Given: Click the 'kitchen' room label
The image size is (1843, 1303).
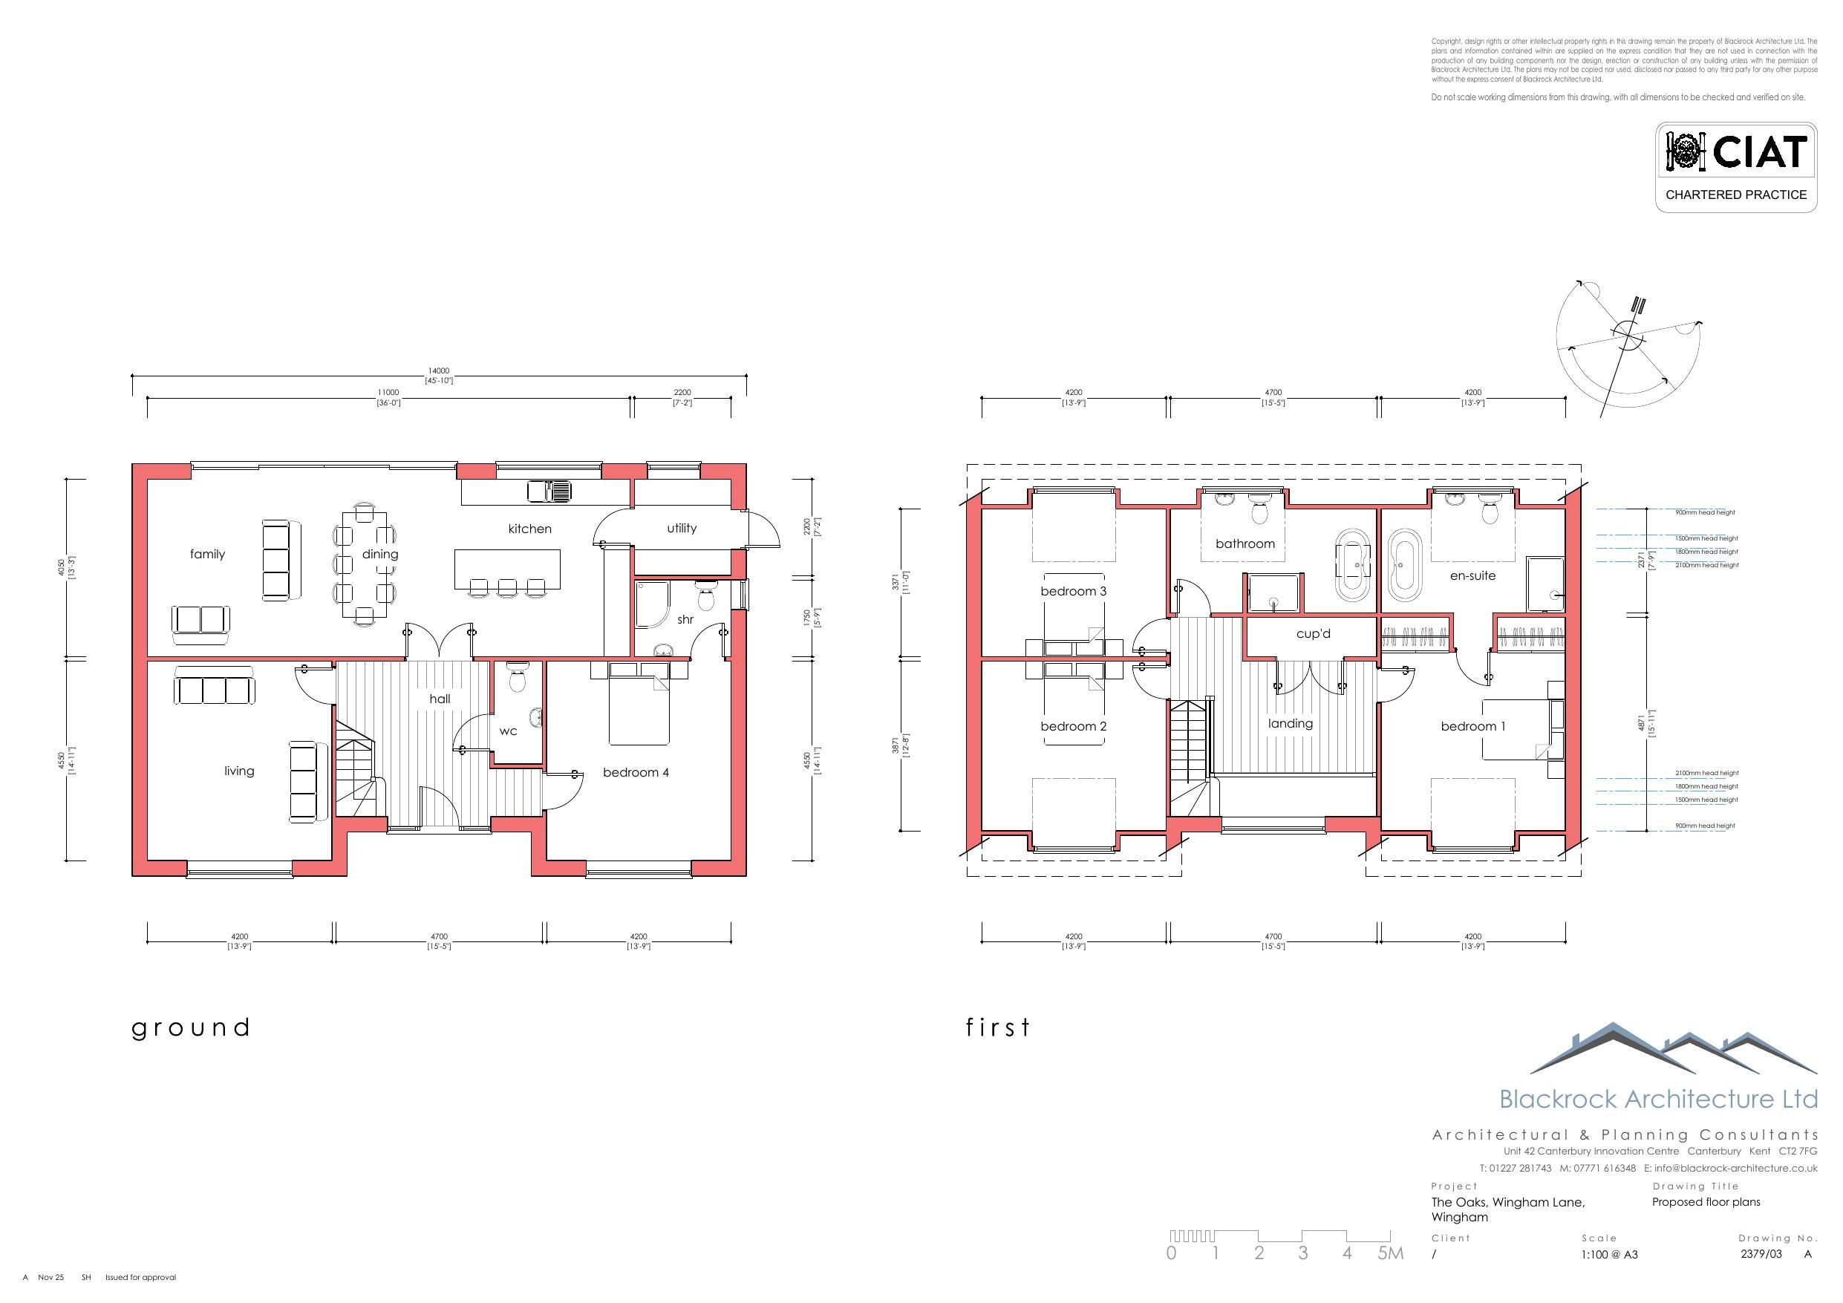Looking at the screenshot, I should (x=529, y=529).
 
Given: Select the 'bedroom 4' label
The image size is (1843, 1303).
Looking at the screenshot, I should (x=636, y=772).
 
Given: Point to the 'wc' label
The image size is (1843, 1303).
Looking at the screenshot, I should (x=508, y=731).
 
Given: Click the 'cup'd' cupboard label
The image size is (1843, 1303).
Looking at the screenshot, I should (x=1314, y=633).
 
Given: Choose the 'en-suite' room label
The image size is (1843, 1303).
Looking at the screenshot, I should (x=1472, y=575).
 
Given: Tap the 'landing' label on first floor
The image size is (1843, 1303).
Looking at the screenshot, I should (x=1290, y=723).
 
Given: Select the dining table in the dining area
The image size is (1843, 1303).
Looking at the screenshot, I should (x=365, y=565).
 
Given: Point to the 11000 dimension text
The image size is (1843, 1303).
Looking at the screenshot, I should (x=388, y=393).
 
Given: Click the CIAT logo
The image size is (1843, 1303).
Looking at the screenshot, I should (x=1735, y=152).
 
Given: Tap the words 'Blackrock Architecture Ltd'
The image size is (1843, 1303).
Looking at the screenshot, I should (x=1657, y=1098).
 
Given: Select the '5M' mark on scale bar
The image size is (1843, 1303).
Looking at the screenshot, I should (x=1390, y=1253).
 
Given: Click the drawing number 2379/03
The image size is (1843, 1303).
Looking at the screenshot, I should (x=1761, y=1253).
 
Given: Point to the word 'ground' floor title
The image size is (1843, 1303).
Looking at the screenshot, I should (x=191, y=1028).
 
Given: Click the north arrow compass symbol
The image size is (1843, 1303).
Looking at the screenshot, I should (x=1628, y=336).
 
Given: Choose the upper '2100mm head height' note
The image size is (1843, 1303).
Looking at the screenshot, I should (x=1706, y=565).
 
